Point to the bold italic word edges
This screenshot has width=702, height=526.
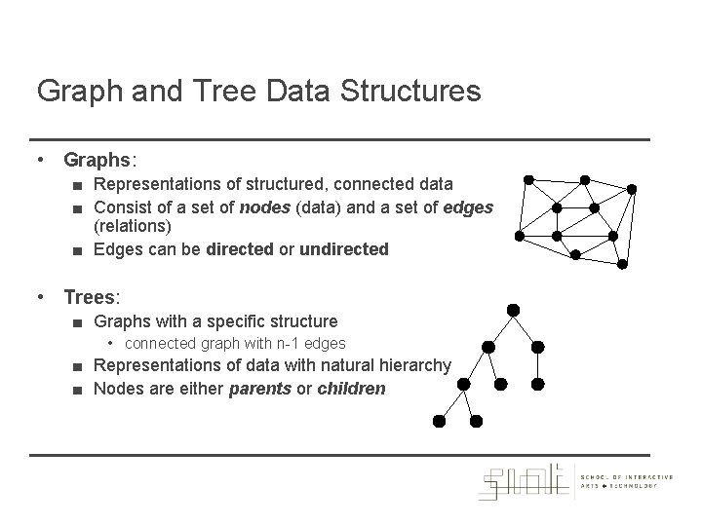(x=466, y=206)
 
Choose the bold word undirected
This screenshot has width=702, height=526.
(x=344, y=249)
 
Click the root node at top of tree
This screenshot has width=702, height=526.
(x=513, y=310)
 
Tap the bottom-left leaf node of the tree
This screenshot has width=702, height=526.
(x=439, y=422)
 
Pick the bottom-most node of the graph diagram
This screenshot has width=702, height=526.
(x=575, y=254)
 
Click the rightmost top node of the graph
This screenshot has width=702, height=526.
(x=631, y=188)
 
